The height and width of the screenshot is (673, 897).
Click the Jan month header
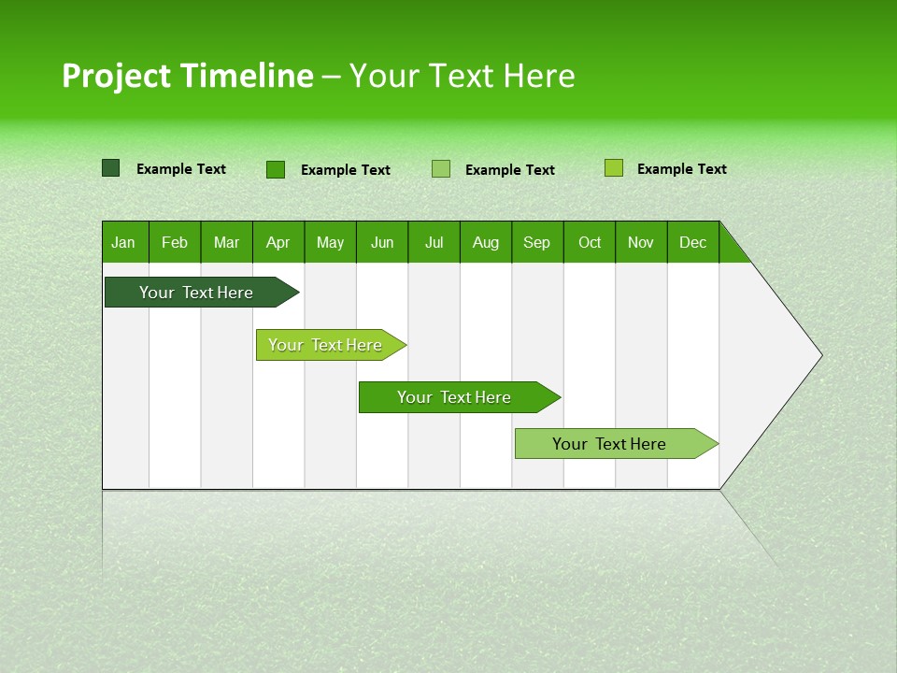tap(124, 242)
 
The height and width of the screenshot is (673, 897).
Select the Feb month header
tap(175, 242)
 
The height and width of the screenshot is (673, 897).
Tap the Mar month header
tap(226, 242)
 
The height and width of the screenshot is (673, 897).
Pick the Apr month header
tap(278, 242)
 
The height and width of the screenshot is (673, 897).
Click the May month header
tap(330, 242)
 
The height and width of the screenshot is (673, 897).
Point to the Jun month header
tap(382, 242)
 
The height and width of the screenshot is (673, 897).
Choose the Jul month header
tap(434, 242)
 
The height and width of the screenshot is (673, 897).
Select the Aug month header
tap(486, 242)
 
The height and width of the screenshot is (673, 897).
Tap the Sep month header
tap(537, 242)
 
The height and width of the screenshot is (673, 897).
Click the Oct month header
tap(590, 242)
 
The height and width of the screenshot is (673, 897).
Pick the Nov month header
tap(641, 242)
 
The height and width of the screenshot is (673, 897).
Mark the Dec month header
tap(693, 242)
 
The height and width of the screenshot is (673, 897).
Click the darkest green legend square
tap(111, 168)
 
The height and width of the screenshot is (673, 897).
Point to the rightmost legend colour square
tap(614, 168)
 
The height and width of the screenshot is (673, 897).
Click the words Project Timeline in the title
tap(188, 76)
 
